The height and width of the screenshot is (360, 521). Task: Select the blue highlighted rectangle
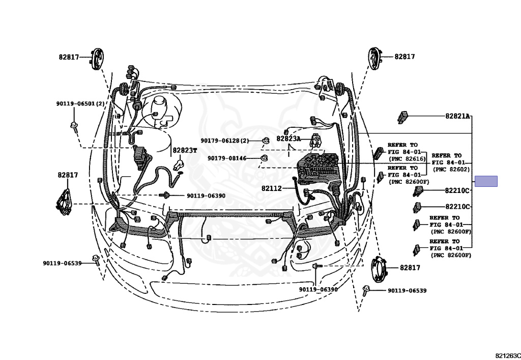coord(486,181)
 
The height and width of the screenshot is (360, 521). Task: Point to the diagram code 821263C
coord(507,355)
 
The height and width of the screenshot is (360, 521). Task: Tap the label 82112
coord(272,188)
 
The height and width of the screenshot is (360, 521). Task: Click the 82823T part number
coord(184,150)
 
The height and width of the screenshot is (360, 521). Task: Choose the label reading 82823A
coord(288,139)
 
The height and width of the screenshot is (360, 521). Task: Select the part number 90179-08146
coord(227,158)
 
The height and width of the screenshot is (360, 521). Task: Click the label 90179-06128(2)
coord(225,141)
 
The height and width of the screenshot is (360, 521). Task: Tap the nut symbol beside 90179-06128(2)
coord(265,141)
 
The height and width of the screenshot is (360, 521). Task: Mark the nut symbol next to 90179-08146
coord(264,158)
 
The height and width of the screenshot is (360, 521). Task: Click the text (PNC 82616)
coord(406,159)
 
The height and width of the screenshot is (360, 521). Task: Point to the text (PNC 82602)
coord(451,169)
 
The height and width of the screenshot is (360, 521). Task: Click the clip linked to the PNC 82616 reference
coord(379,153)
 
